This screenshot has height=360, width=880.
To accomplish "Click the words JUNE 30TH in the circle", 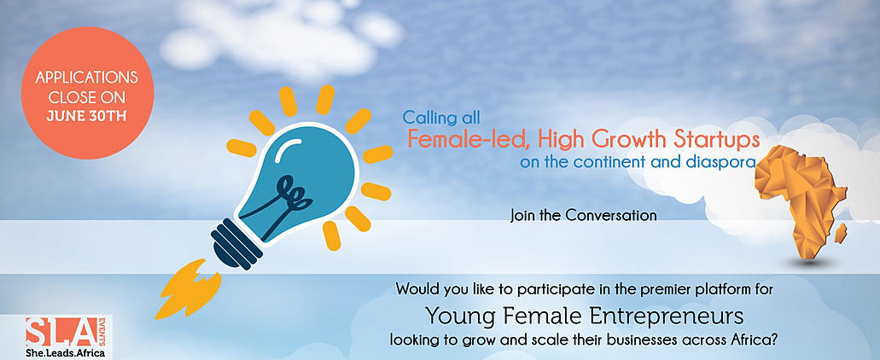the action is pos(87,116).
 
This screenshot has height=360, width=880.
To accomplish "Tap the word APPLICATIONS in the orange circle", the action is pos(87,77).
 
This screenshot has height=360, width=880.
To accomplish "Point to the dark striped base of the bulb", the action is pos(236,242).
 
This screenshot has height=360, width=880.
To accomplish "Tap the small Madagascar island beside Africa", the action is pos(840,233).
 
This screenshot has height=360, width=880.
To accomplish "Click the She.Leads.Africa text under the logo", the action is pos(65,353).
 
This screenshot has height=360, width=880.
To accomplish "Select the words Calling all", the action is pos(440,118).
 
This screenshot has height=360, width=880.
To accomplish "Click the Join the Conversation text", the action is pos(583,215).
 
